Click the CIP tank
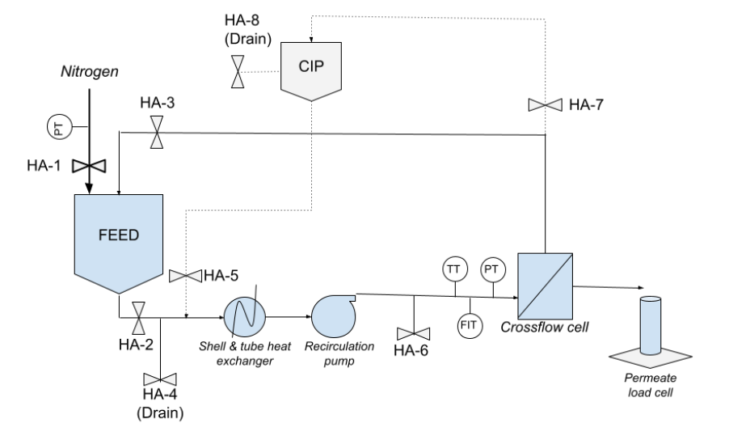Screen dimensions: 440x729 (x=311, y=68)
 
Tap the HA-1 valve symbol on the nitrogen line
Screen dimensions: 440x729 (x=88, y=166)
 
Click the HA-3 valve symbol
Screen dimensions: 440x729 (x=156, y=133)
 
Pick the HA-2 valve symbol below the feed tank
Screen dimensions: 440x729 (x=138, y=317)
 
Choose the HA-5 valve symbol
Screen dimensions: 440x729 (x=185, y=277)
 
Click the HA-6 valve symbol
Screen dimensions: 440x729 (x=414, y=333)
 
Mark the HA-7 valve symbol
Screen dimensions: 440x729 (x=546, y=104)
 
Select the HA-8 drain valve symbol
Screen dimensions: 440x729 (x=236, y=72)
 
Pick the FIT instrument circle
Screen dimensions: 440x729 (x=470, y=326)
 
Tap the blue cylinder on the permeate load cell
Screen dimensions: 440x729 (x=651, y=324)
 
